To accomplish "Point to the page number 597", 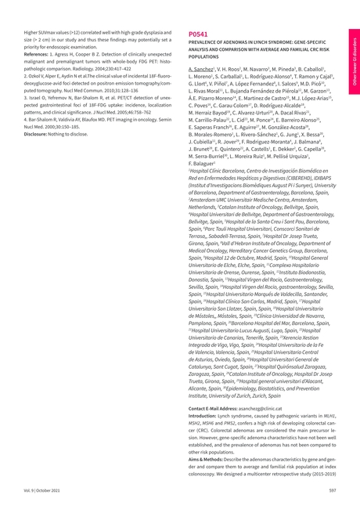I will tap(332, 489).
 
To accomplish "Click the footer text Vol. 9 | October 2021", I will tap(44, 489).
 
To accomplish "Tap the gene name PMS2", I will tap(249, 424).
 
